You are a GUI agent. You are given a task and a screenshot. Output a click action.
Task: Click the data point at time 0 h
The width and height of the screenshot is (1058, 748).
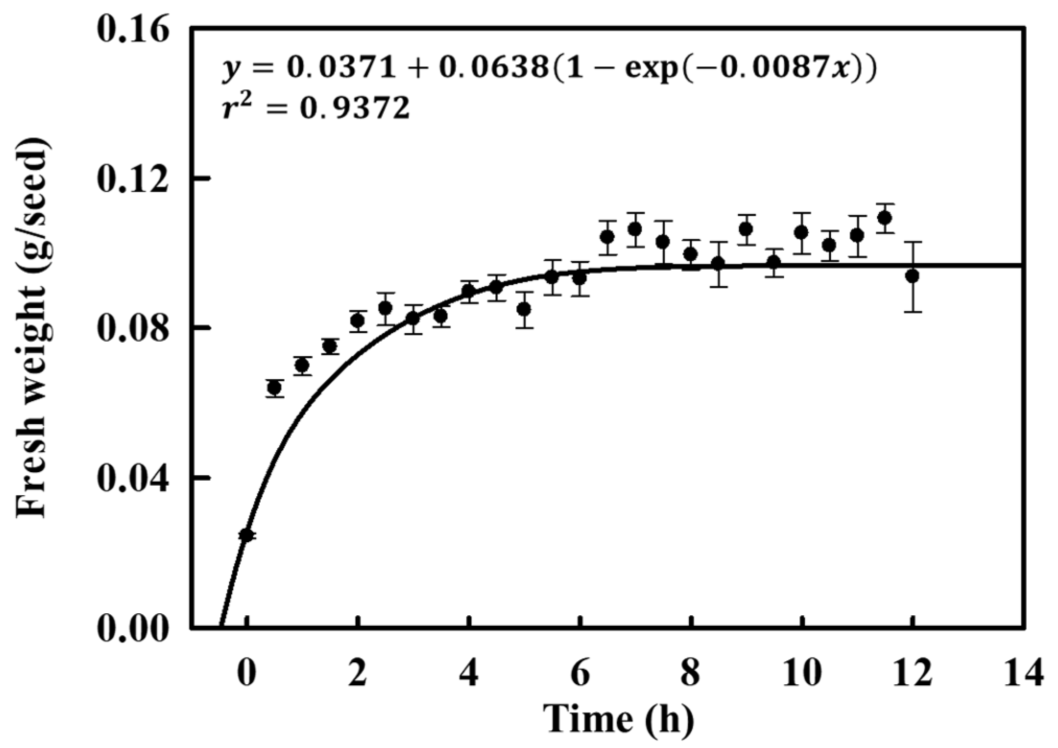click(x=247, y=535)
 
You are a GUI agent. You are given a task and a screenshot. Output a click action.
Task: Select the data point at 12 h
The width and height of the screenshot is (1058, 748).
click(x=912, y=276)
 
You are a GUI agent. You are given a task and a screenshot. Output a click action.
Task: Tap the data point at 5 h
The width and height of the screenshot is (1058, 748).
click(x=524, y=309)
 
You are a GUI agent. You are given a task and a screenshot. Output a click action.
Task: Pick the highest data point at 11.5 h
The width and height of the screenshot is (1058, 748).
click(x=885, y=218)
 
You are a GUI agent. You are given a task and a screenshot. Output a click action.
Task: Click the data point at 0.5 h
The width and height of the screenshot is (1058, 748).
click(x=274, y=388)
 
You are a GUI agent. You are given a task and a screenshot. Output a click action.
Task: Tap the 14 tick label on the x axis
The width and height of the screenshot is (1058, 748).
click(x=1023, y=673)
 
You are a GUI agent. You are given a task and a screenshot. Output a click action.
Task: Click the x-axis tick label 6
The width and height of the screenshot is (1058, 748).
click(x=579, y=673)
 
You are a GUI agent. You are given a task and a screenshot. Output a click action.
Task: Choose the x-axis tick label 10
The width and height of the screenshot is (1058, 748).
click(x=801, y=673)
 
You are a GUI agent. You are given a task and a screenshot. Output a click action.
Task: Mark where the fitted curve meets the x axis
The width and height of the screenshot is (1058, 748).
click(x=220, y=626)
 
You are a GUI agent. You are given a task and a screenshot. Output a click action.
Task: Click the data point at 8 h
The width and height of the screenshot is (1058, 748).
click(x=690, y=254)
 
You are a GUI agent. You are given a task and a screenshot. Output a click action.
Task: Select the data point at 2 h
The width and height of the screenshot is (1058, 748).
click(x=358, y=320)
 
